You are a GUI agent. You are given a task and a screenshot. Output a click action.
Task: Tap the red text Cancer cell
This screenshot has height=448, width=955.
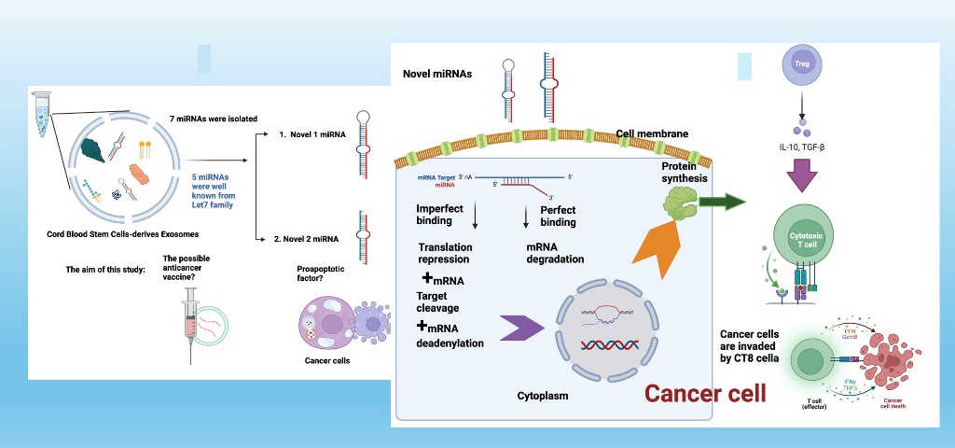[x=706, y=393]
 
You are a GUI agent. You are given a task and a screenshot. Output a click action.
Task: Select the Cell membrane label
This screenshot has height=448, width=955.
[x=652, y=133]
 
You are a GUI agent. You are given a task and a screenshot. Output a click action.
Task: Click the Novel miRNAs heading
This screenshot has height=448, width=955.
[x=437, y=75]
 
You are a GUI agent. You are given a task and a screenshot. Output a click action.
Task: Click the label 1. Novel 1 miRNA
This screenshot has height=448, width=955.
[x=312, y=135]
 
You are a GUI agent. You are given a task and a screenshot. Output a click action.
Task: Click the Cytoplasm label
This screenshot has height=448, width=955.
[x=543, y=396]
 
